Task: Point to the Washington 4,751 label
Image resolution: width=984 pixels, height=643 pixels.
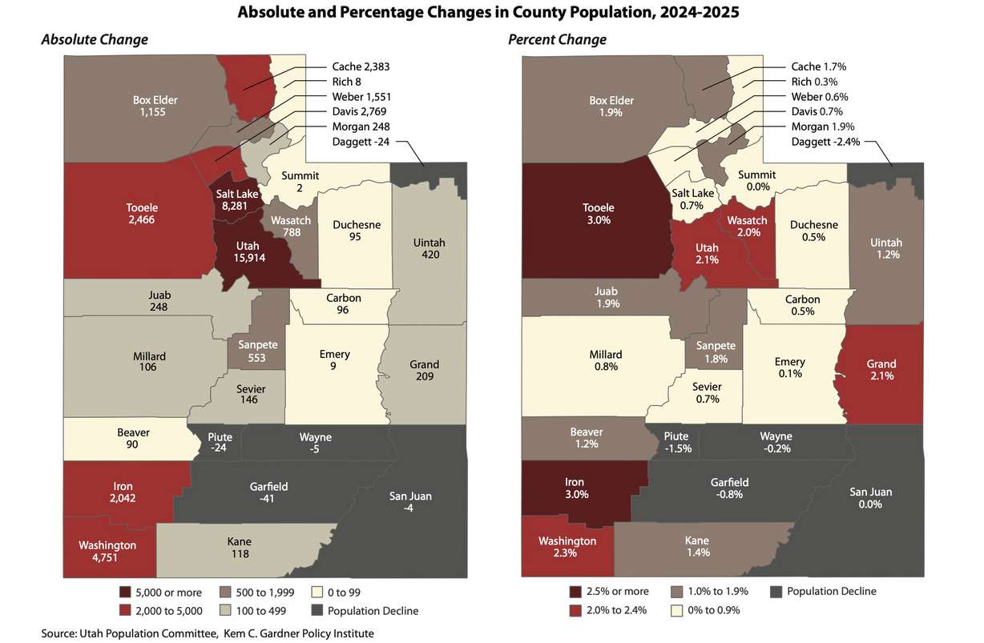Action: pyautogui.click(x=107, y=552)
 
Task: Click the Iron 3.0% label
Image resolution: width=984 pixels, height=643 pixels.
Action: pyautogui.click(x=575, y=488)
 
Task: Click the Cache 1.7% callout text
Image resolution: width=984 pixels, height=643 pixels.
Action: pyautogui.click(x=818, y=66)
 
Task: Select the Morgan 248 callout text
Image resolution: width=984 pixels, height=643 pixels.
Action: pyautogui.click(x=361, y=127)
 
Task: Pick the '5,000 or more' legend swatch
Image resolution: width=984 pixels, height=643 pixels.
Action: pyautogui.click(x=126, y=593)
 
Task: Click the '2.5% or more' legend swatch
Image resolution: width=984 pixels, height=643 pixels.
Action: pyautogui.click(x=576, y=592)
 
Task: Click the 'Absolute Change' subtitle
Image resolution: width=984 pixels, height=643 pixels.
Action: pyautogui.click(x=95, y=40)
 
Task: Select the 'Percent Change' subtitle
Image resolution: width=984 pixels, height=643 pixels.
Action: pyautogui.click(x=558, y=40)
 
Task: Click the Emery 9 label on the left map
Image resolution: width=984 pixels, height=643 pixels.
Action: pyautogui.click(x=334, y=360)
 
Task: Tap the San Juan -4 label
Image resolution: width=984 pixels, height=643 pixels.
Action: pyautogui.click(x=411, y=502)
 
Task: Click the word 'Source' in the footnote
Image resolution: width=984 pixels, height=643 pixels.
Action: pyautogui.click(x=58, y=633)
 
